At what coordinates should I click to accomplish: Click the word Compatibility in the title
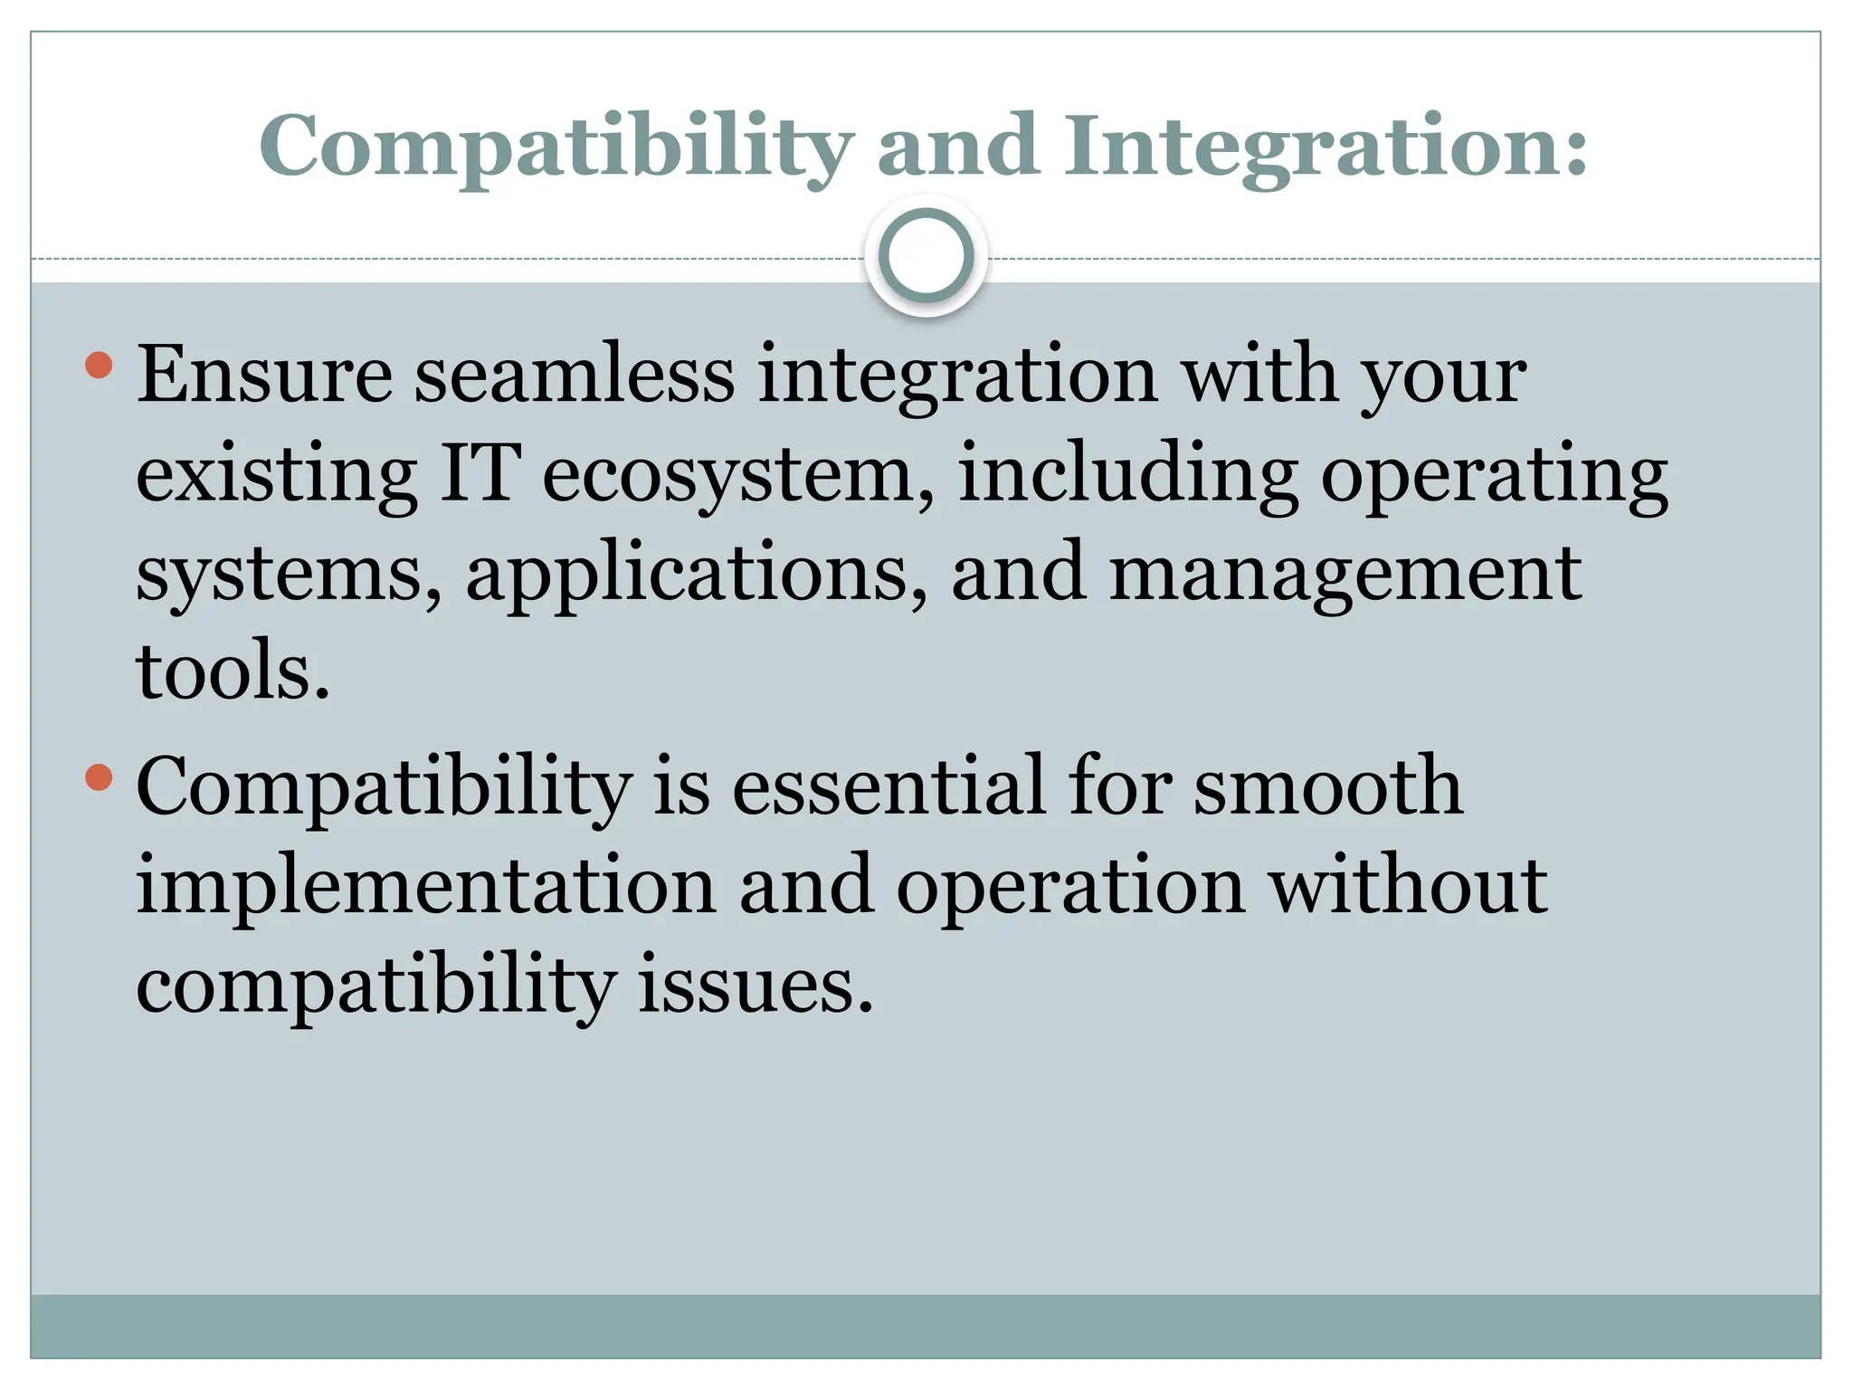(556, 147)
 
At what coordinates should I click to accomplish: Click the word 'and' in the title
(958, 147)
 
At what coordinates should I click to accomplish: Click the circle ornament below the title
(926, 256)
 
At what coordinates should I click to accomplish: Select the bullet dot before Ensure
(99, 365)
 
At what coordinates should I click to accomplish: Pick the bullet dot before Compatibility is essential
(99, 776)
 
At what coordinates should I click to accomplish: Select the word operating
(1494, 476)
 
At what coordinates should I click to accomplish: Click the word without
(1408, 885)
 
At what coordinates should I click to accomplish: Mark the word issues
(755, 985)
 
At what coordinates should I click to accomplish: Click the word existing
(277, 476)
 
